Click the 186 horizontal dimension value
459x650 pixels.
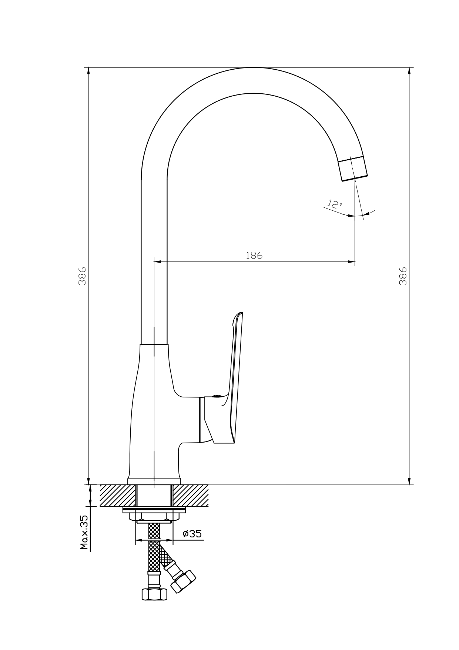[x=254, y=255]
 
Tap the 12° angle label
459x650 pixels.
[x=335, y=204]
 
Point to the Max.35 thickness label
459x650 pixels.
[x=84, y=532]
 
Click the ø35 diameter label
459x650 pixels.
[x=192, y=534]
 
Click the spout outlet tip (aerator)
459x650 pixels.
[x=353, y=169]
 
